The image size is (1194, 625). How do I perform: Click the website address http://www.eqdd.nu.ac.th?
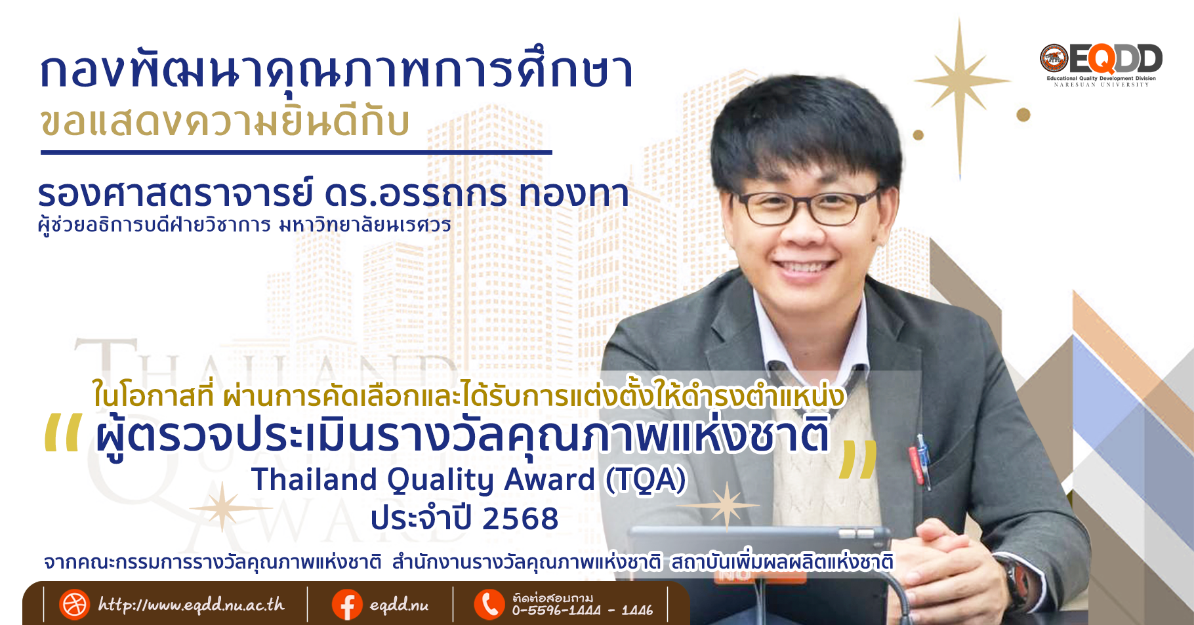pyautogui.click(x=192, y=604)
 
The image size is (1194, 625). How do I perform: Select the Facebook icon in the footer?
pyautogui.click(x=347, y=605)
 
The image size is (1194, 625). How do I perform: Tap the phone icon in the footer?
pyautogui.click(x=489, y=605)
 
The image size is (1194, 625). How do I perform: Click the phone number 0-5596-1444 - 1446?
pyautogui.click(x=583, y=611)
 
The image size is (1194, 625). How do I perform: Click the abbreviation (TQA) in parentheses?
pyautogui.click(x=646, y=479)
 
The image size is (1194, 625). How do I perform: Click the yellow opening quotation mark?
pyautogui.click(x=63, y=433)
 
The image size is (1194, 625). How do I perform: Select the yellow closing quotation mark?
pyautogui.click(x=859, y=459)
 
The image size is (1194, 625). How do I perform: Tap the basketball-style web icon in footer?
pyautogui.click(x=74, y=605)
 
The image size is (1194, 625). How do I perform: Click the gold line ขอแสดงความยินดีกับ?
pyautogui.click(x=225, y=123)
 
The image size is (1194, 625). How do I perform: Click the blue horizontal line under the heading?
pyautogui.click(x=297, y=152)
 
